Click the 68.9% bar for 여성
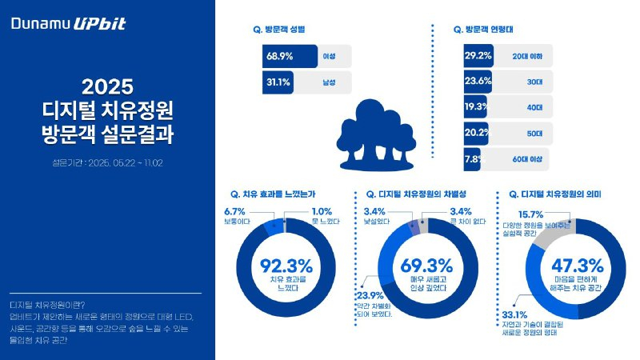point(288,58)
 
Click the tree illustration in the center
point(376,131)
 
